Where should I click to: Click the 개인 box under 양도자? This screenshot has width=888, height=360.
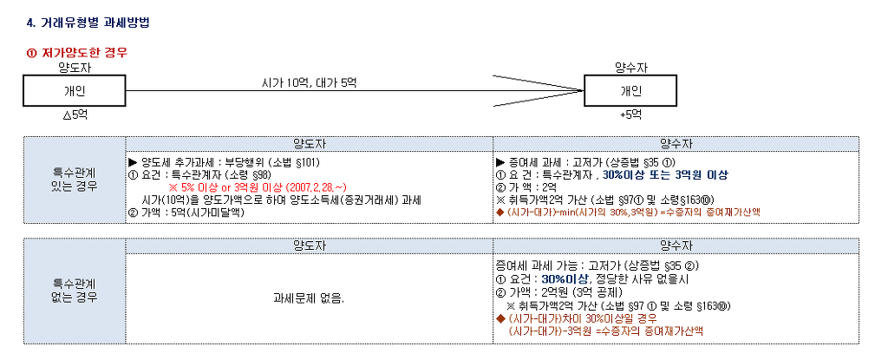tap(75, 91)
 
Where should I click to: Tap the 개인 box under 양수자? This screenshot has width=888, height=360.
tap(630, 91)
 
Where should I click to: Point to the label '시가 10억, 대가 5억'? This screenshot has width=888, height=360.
tap(310, 82)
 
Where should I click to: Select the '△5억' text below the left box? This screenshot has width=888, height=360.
tap(75, 115)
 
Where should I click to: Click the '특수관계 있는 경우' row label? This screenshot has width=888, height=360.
tap(75, 180)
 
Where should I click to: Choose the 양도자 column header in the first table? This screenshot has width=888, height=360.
tap(310, 143)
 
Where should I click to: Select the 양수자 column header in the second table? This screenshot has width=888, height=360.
tap(676, 246)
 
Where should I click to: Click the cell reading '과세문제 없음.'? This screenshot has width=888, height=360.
tap(310, 298)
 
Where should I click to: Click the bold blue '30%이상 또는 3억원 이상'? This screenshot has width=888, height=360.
tap(665, 174)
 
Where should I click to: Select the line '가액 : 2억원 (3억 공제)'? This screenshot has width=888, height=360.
tap(559, 292)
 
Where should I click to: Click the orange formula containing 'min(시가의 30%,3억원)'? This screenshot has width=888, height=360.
tap(628, 212)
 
